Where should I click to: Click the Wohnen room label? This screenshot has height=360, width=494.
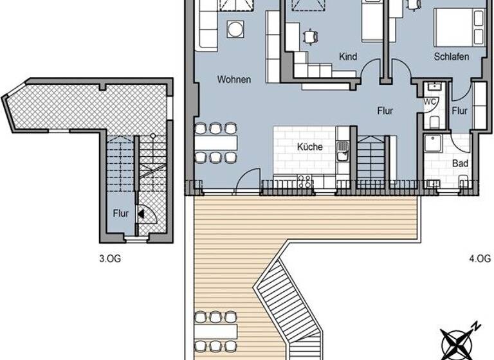(233, 80)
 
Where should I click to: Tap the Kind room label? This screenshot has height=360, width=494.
(347, 57)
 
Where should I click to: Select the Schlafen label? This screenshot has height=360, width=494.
(451, 57)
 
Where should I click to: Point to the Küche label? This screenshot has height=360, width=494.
(309, 147)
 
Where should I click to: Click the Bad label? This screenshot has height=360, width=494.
(460, 163)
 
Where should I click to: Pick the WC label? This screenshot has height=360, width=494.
(430, 102)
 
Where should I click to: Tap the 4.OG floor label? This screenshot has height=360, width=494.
(480, 259)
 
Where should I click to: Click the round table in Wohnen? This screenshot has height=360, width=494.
(235, 29)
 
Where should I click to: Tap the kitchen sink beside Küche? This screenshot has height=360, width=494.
(343, 151)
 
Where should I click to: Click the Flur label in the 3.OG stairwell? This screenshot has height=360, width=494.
(121, 213)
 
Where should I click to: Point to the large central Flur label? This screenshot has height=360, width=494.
(385, 110)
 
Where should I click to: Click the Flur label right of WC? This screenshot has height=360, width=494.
(459, 110)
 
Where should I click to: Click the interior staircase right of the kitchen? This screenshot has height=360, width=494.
(371, 159)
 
